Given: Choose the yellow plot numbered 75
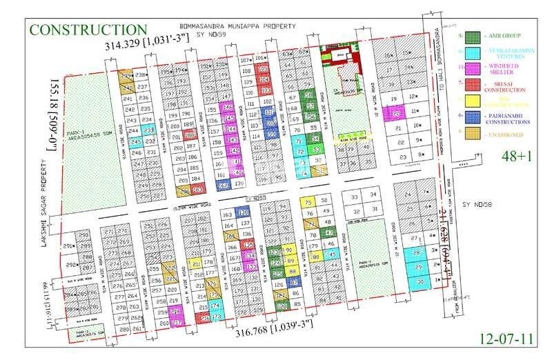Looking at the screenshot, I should pyautogui.click(x=308, y=201).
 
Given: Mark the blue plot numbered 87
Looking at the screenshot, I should pyautogui.click(x=294, y=282).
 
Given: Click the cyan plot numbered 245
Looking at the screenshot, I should pyautogui.click(x=136, y=141).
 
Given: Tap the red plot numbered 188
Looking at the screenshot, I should pyautogui.click(x=188, y=137).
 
